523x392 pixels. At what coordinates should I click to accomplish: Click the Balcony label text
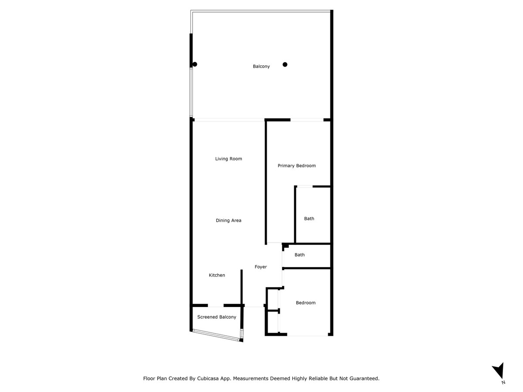pyautogui.click(x=261, y=66)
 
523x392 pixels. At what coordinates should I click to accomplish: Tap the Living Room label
pyautogui.click(x=228, y=159)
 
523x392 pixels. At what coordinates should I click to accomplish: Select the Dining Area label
pyautogui.click(x=228, y=220)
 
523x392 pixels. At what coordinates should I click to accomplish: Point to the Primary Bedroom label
pyautogui.click(x=297, y=166)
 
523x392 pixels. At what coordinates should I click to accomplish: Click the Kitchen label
pyautogui.click(x=217, y=275)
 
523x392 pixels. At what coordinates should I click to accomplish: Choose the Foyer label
pyautogui.click(x=261, y=267)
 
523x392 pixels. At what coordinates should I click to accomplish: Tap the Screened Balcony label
pyautogui.click(x=217, y=317)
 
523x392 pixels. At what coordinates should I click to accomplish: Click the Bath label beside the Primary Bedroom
pyautogui.click(x=309, y=219)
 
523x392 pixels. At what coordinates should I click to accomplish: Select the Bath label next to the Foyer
pyautogui.click(x=299, y=255)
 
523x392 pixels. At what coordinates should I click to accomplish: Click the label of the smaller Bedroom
pyautogui.click(x=306, y=303)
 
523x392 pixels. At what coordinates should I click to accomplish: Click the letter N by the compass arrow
pyautogui.click(x=503, y=382)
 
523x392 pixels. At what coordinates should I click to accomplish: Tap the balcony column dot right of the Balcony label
pyautogui.click(x=285, y=64)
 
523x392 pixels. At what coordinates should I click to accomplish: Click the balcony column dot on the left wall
pyautogui.click(x=195, y=64)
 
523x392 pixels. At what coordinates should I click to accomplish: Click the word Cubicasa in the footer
pyautogui.click(x=207, y=378)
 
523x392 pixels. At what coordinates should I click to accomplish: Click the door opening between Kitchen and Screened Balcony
pyautogui.click(x=216, y=305)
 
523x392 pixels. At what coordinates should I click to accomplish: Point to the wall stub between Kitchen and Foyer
pyautogui.click(x=241, y=287)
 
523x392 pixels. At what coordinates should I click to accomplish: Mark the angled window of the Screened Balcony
pyautogui.click(x=216, y=335)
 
